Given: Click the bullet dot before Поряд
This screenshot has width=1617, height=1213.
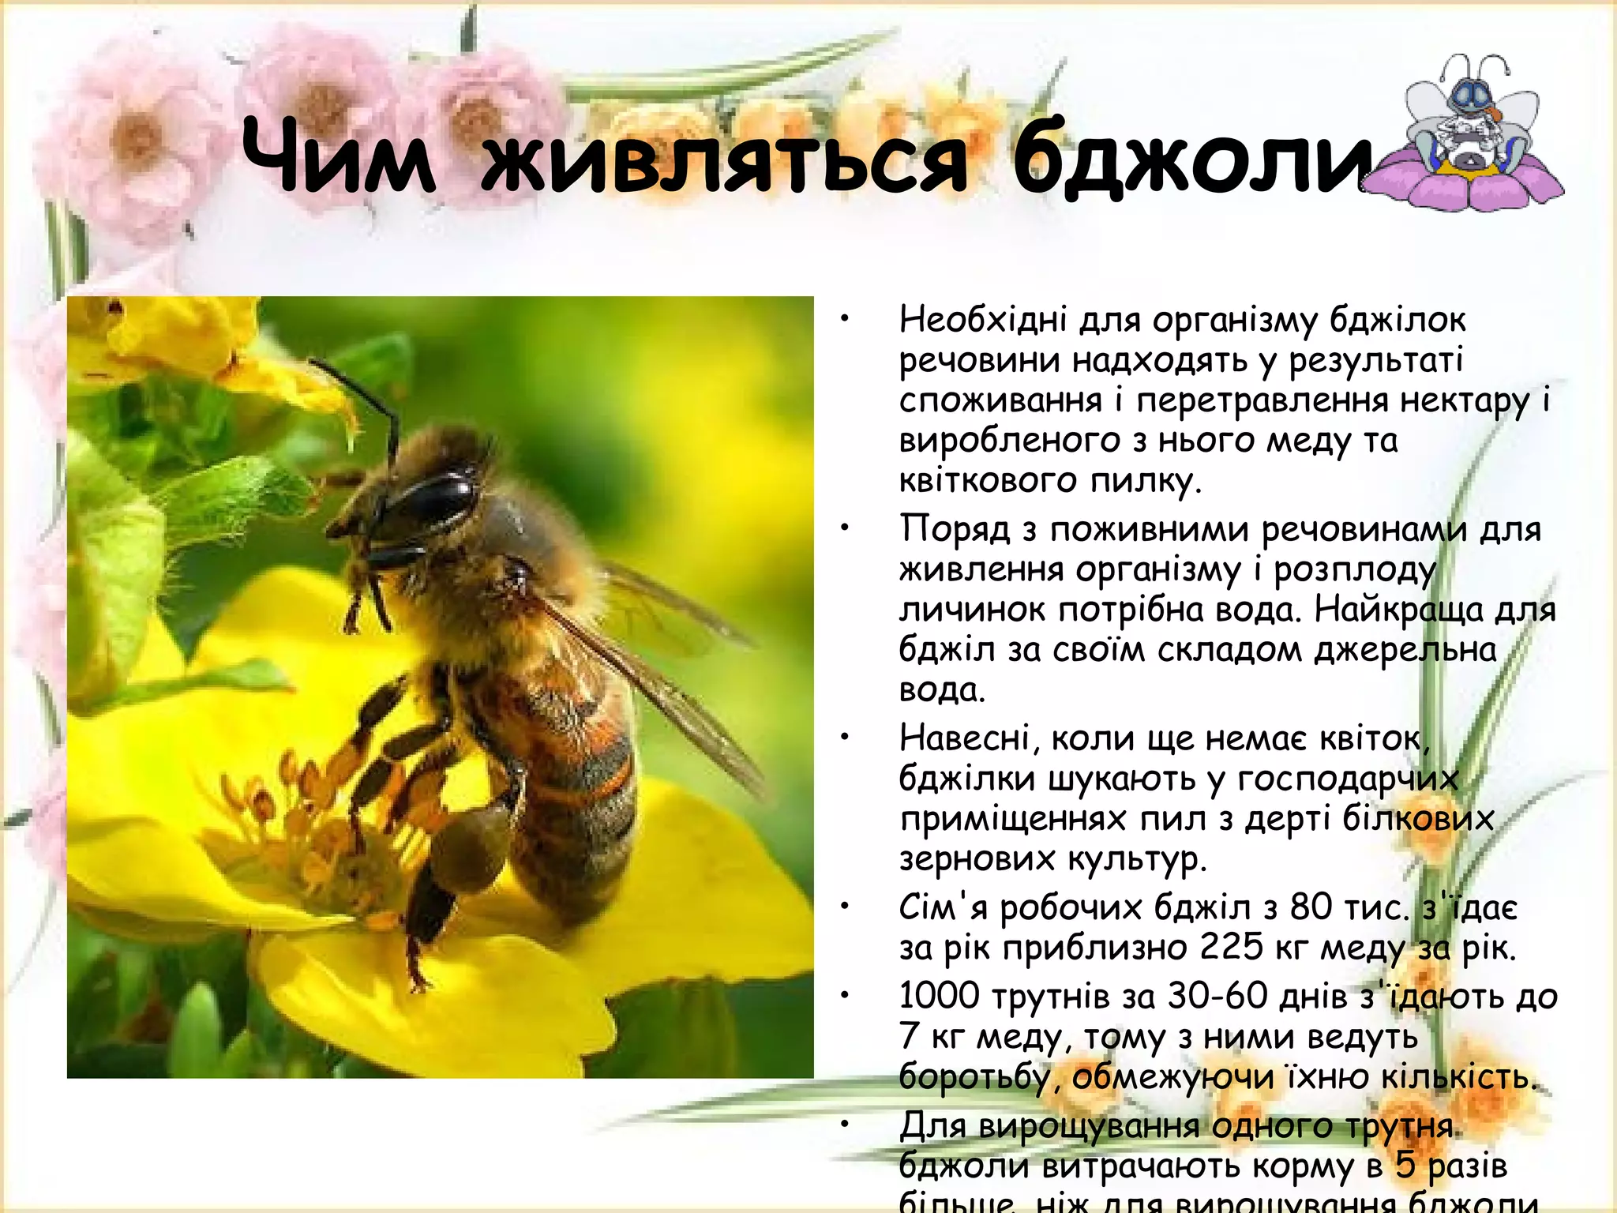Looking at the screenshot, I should [844, 528].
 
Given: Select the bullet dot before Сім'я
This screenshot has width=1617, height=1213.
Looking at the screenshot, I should [844, 908].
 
